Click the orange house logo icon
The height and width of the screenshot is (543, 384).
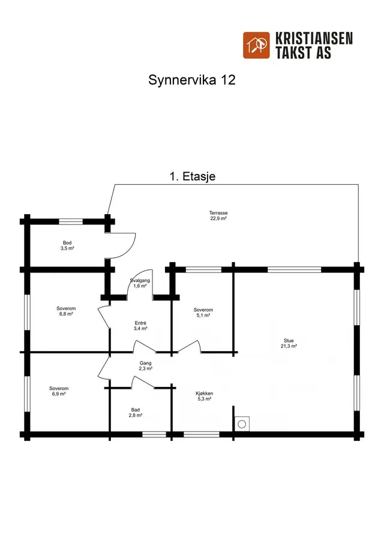tap(256, 46)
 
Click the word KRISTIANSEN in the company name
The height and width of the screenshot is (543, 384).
tap(314, 38)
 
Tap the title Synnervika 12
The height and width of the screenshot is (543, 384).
tap(192, 80)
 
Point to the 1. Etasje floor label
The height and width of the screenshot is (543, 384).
tap(193, 176)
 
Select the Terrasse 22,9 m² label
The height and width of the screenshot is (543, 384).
tap(218, 216)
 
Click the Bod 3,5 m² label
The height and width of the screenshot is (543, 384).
tap(67, 245)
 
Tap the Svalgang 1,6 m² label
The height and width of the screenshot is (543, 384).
tap(140, 283)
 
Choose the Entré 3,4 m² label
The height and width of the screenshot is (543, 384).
tap(140, 326)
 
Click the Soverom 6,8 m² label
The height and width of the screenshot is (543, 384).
tap(66, 311)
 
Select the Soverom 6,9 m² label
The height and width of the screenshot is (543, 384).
tap(59, 391)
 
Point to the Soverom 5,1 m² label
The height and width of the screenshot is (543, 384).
tap(203, 313)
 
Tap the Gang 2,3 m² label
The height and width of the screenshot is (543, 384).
tap(145, 365)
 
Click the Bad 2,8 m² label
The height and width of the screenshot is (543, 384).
tap(136, 412)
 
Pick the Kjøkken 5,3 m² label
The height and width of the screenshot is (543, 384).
tap(204, 396)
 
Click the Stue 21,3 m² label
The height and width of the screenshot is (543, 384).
tap(289, 343)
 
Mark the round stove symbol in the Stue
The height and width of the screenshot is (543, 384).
tap(242, 424)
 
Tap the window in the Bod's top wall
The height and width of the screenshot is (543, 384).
tap(71, 221)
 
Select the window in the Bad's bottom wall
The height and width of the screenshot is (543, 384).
tap(154, 434)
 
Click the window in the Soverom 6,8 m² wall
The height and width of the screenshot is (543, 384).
tap(27, 312)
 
